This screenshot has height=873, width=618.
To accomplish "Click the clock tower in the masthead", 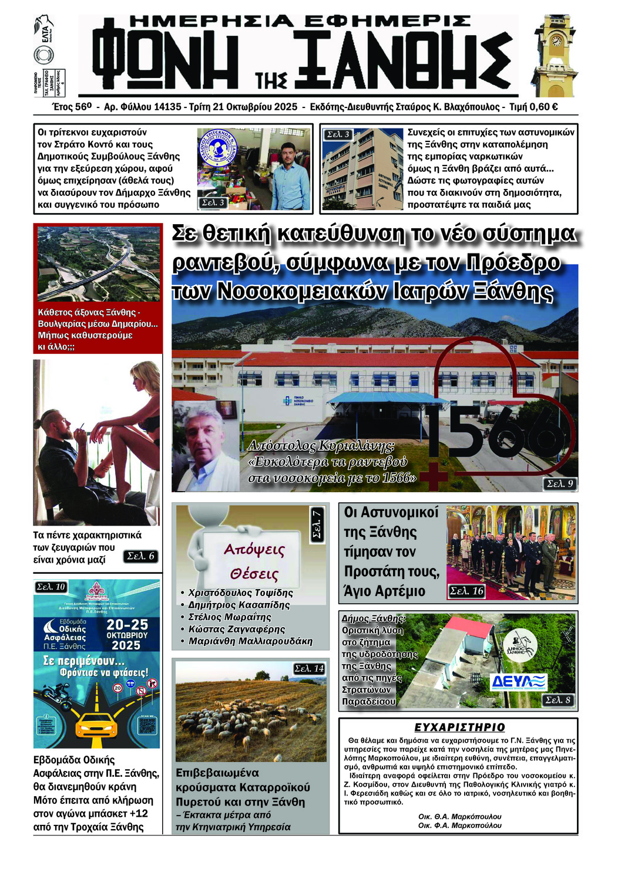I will click(555, 56).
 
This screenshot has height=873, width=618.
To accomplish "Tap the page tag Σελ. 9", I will click(560, 483).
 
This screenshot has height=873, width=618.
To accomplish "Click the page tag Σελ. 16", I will click(466, 591).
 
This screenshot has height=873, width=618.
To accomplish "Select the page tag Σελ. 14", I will click(309, 668).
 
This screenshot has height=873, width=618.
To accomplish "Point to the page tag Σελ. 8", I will click(557, 700).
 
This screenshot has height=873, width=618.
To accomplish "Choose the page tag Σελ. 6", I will click(141, 556).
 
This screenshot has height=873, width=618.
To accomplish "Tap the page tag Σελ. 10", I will click(51, 587).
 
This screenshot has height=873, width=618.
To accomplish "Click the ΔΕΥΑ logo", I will click(519, 681).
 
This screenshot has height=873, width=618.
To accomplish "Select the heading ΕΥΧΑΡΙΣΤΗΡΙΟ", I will click(459, 727).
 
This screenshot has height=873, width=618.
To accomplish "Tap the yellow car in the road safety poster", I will click(98, 725).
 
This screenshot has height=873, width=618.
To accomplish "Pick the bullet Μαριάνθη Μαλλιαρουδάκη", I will click(250, 641).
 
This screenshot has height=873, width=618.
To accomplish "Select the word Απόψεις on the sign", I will click(254, 550).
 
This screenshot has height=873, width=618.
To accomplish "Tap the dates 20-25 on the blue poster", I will click(127, 624).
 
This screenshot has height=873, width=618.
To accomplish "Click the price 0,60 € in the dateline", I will click(542, 107).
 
